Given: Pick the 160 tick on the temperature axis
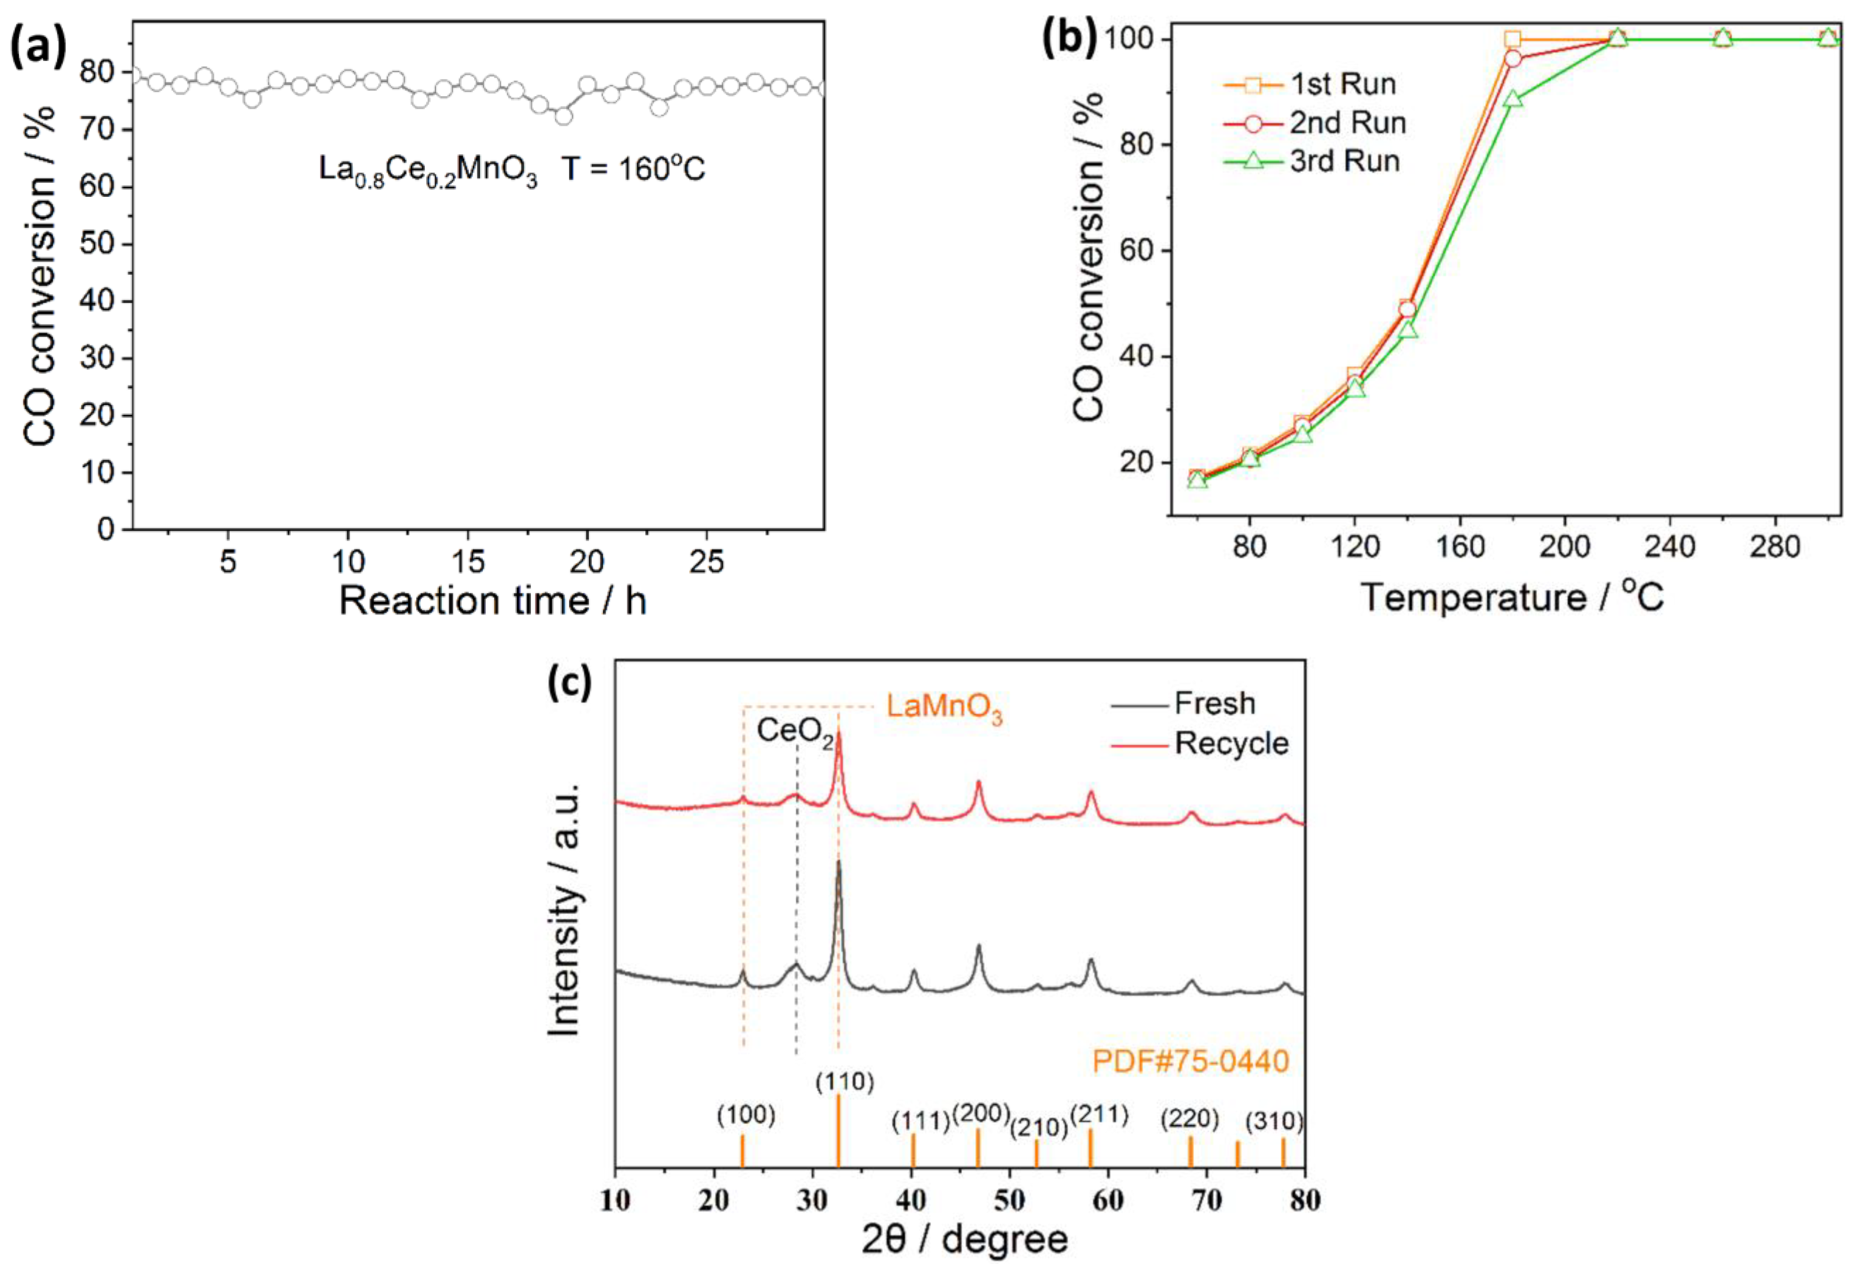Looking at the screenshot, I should click(x=1460, y=547).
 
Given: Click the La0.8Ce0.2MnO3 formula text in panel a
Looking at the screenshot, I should click(x=428, y=170).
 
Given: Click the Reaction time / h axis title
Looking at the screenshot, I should click(x=492, y=600).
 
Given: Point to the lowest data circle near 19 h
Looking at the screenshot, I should click(x=563, y=116).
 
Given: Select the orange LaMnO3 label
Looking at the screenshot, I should click(x=944, y=708).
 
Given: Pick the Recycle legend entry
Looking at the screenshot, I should click(x=1231, y=744).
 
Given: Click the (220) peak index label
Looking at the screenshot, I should click(x=1189, y=1119).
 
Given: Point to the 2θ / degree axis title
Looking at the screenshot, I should click(x=965, y=1239).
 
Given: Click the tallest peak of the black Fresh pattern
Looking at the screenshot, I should click(x=838, y=863).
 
